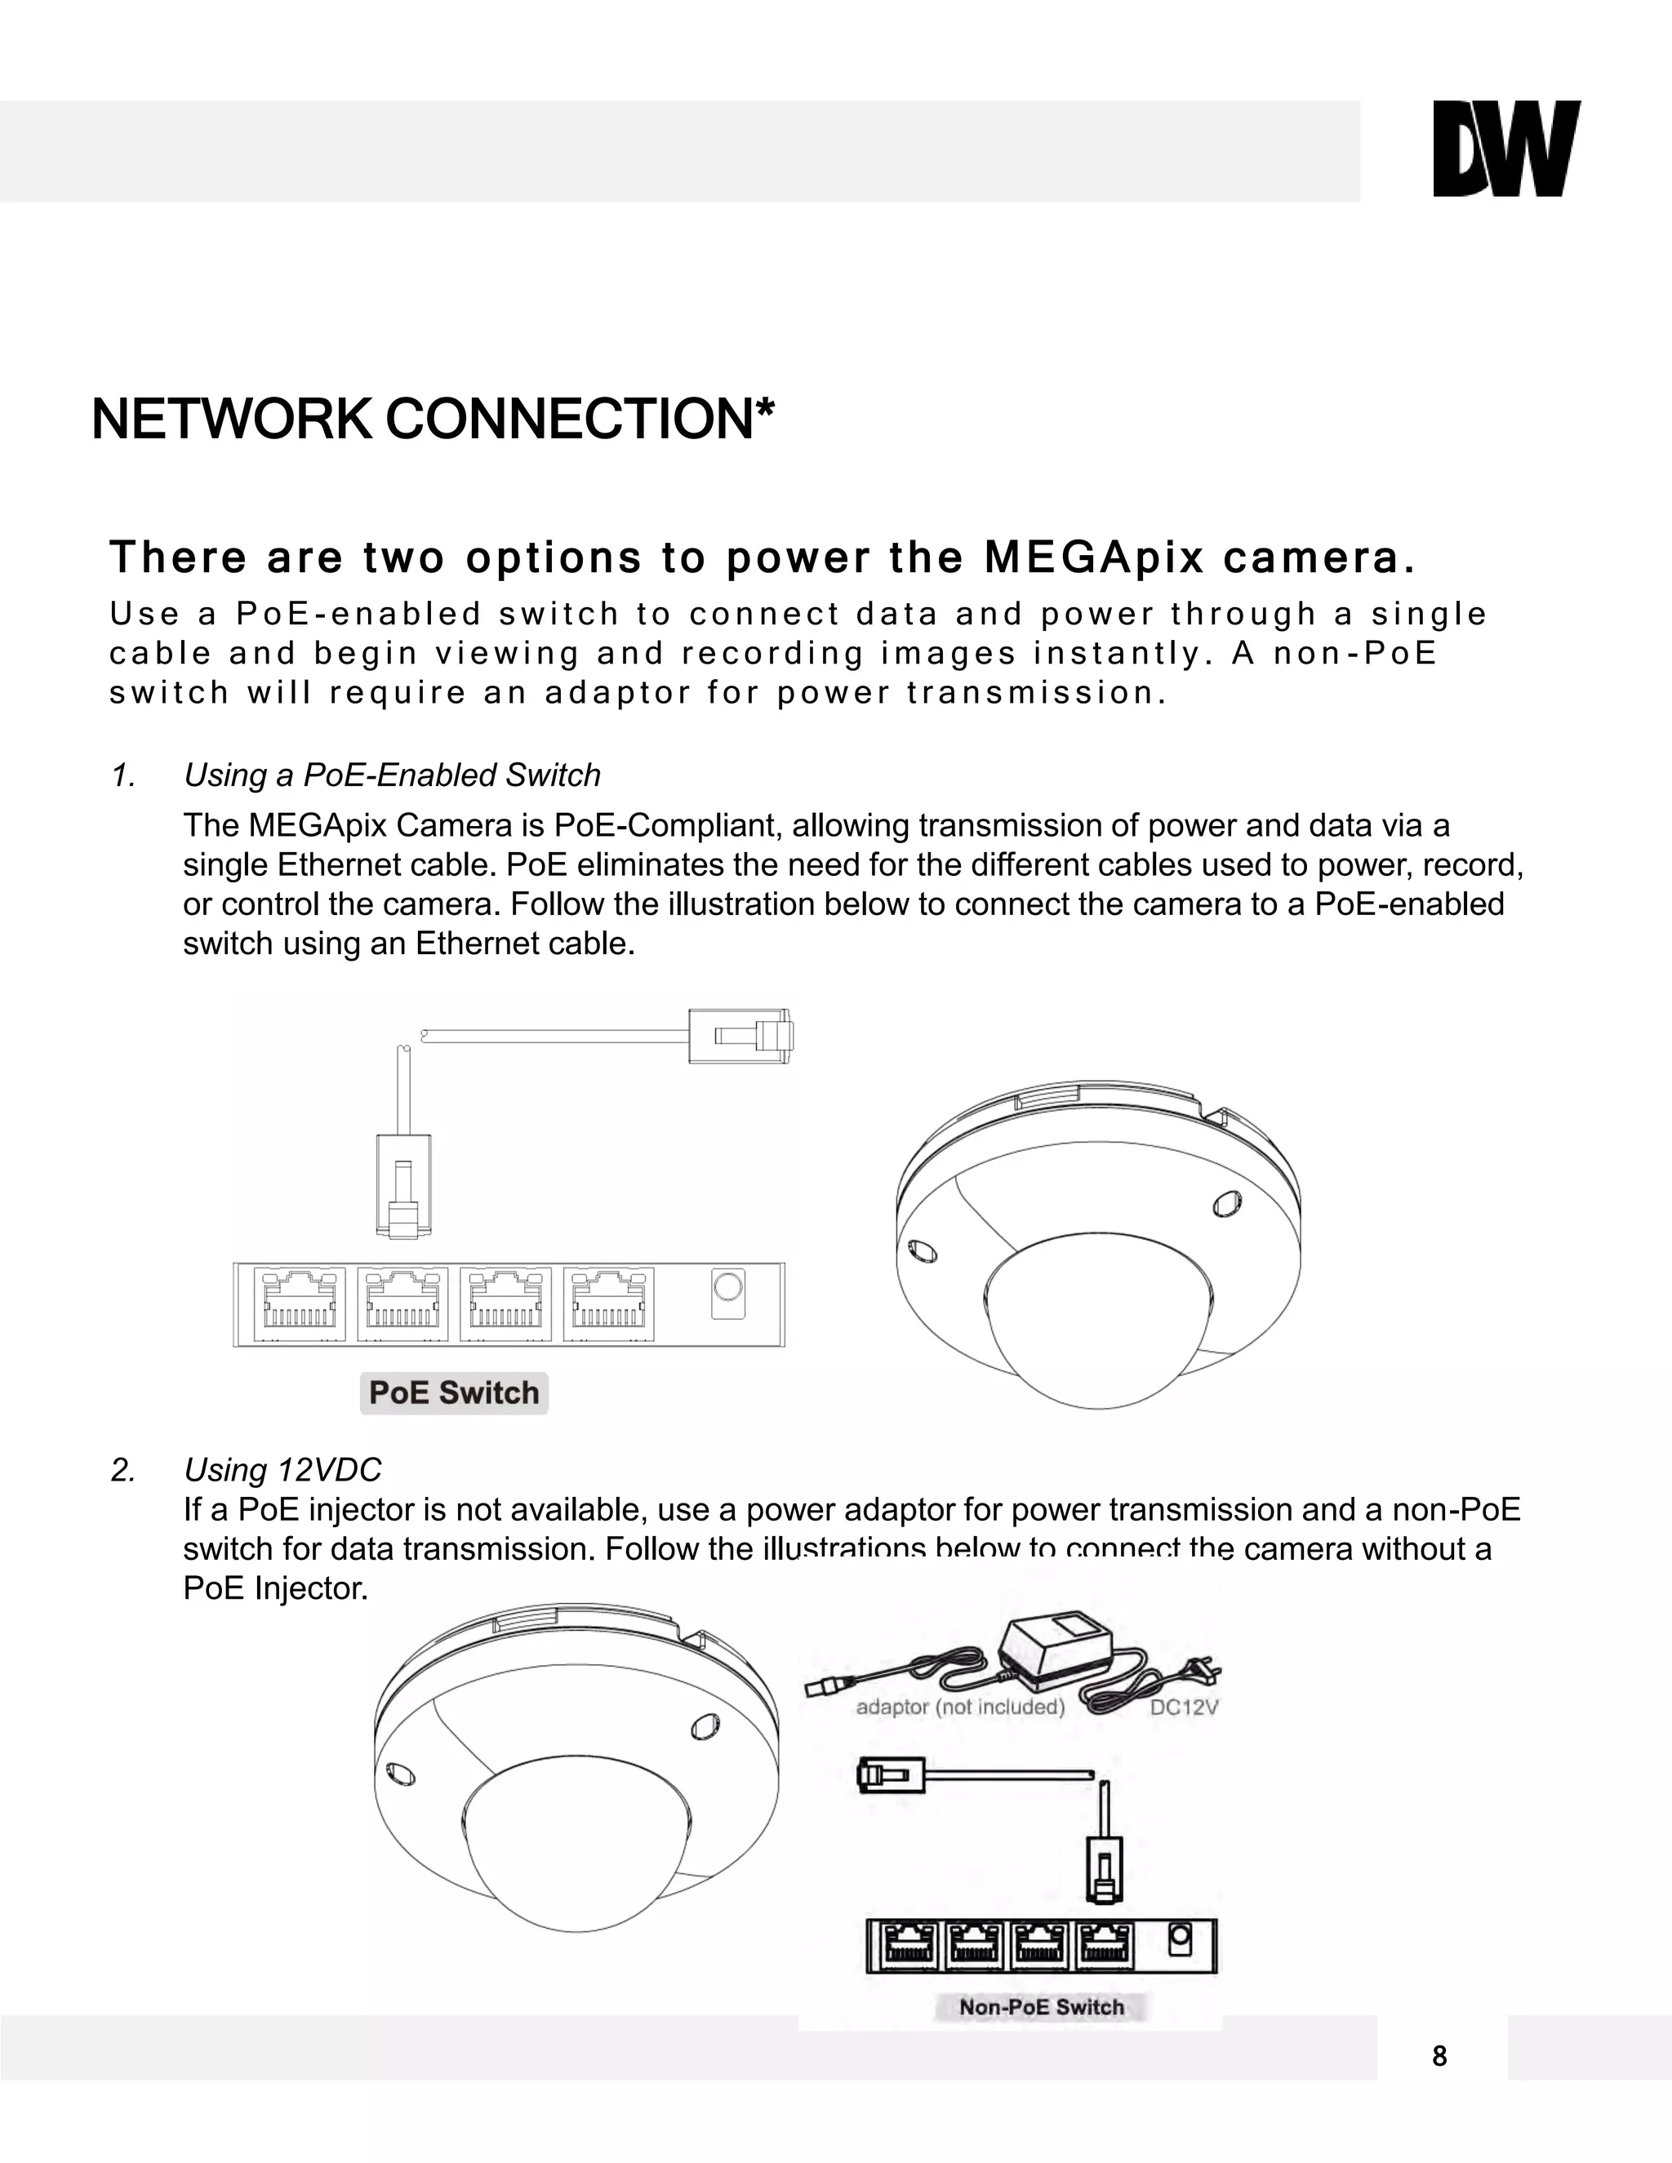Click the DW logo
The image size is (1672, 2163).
1505,149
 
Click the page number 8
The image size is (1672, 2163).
1439,2057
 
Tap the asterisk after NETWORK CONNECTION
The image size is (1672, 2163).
763,407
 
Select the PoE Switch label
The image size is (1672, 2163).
454,1392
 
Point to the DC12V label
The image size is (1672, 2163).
1184,1708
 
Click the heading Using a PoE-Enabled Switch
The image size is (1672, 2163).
392,775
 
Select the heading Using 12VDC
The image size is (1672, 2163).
282,1470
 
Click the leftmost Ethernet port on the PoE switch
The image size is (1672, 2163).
299,1304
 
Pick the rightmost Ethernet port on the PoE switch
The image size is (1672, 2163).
608,1304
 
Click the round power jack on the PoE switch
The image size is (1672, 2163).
728,1289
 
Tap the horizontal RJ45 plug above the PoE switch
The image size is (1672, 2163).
741,1036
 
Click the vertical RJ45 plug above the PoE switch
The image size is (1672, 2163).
403,1187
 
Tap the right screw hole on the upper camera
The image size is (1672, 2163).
1226,1202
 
